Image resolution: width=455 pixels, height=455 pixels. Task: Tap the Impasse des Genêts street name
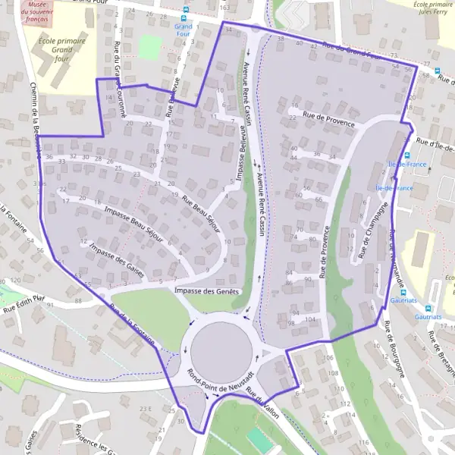point(206,290)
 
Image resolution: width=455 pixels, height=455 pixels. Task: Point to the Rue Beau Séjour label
point(202,215)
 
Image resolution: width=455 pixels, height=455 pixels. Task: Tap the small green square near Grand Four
point(151,47)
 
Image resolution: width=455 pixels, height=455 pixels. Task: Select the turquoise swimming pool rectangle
point(259,440)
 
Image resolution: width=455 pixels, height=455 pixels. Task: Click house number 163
point(224,7)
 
